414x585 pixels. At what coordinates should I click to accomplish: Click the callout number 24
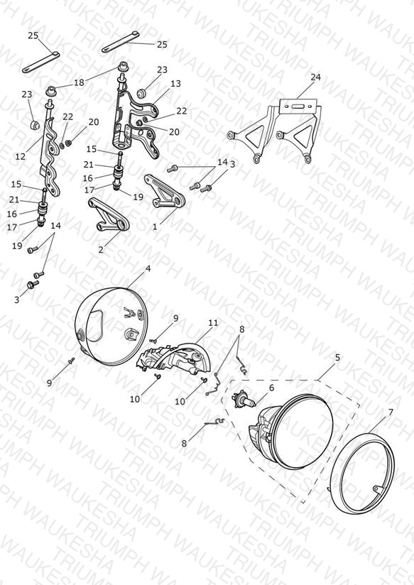pos(315,77)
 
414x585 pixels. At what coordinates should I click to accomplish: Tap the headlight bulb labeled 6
pos(244,400)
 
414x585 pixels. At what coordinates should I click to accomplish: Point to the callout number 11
pos(213,322)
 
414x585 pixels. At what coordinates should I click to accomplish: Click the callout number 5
pos(337,358)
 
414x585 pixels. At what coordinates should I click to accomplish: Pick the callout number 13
pos(175,84)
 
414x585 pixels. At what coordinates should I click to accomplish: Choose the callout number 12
pos(20,156)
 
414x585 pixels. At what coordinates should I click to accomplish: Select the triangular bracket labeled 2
pos(109,216)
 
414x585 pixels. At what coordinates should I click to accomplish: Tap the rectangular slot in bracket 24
pos(300,106)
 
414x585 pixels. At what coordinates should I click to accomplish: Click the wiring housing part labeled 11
pos(172,357)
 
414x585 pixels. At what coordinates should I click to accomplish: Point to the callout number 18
pos(79,82)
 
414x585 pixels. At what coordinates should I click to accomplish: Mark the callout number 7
pos(391,412)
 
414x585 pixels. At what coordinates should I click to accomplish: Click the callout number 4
pos(148,268)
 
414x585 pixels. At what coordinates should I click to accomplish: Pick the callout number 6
pos(271,388)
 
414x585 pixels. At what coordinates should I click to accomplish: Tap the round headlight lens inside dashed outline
pos(303,430)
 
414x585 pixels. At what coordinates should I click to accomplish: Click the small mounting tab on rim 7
pos(377,488)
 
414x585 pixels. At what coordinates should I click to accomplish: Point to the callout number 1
pos(155,226)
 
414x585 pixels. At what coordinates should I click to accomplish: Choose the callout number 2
pos(101,250)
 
